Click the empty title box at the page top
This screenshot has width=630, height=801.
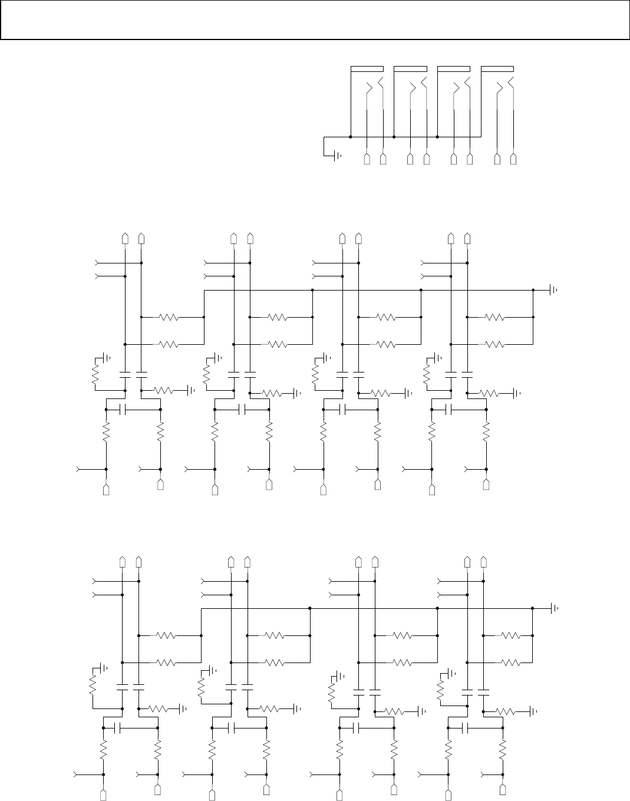point(315,20)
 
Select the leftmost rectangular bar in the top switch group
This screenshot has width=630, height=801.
point(367,69)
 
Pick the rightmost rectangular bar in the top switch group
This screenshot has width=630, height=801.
point(497,69)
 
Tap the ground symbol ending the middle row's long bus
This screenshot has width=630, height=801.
point(553,290)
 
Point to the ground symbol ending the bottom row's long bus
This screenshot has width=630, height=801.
point(553,608)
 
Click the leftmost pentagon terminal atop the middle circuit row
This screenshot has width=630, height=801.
point(125,238)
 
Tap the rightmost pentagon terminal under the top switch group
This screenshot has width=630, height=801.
point(514,159)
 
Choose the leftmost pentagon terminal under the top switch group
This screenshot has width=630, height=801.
point(367,159)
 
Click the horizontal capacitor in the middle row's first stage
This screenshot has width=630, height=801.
point(123,408)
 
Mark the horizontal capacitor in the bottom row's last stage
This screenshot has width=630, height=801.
point(466,729)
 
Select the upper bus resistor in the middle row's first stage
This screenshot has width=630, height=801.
point(169,317)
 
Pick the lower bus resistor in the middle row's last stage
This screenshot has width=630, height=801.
point(494,344)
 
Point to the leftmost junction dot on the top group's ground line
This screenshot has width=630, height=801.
point(351,137)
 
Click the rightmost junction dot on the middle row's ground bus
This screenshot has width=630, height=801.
point(533,290)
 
